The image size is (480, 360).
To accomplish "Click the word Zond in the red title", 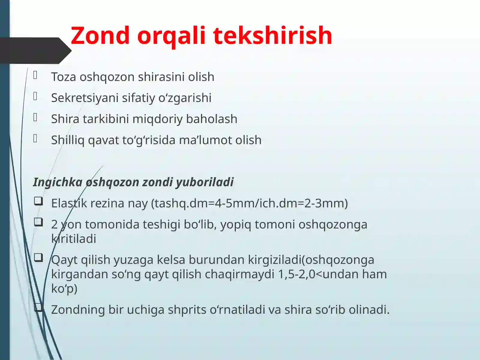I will [x=100, y=35].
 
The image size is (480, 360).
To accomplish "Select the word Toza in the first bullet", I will [x=64, y=77].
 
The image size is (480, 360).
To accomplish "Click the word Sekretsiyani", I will [x=85, y=98].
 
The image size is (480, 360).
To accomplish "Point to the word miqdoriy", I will [x=157, y=119].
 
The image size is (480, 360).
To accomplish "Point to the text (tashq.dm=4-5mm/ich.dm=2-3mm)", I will [x=249, y=203].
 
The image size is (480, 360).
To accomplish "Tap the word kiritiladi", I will [x=74, y=239].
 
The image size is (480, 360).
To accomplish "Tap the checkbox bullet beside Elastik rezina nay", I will [x=38, y=201].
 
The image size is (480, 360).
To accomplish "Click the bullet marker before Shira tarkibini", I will [x=35, y=117].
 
